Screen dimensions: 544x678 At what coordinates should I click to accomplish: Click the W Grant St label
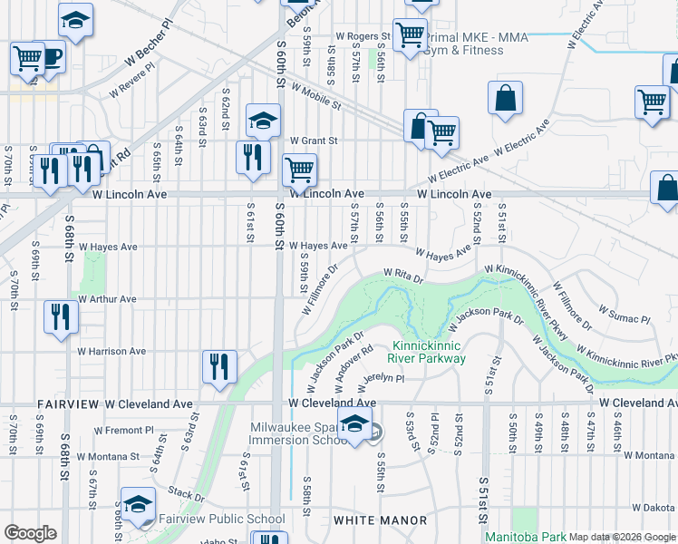pos(314,141)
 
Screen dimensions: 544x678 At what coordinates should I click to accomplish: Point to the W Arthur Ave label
pos(107,298)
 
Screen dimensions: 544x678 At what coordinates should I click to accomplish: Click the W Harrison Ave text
pos(111,351)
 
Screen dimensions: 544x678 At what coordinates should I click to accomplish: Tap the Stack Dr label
pos(187,494)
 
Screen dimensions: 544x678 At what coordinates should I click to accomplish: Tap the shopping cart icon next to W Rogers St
pos(411,34)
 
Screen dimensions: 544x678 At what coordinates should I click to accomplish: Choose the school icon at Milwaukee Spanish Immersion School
pos(355,423)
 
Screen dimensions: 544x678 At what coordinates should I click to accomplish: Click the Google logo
pos(30,532)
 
